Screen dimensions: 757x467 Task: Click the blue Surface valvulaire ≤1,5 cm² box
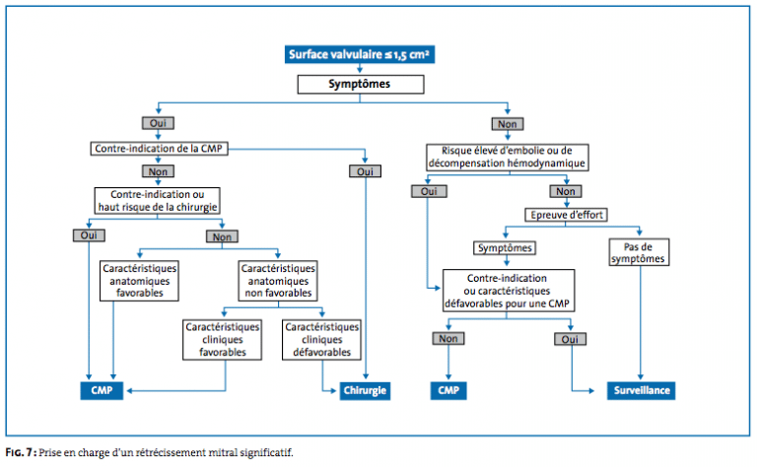tap(360, 54)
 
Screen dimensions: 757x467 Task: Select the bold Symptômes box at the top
tap(361, 85)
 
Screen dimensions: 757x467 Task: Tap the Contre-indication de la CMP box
tap(159, 149)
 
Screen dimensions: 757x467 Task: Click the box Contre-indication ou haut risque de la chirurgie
tap(158, 201)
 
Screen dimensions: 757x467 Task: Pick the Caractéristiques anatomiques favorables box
tap(139, 281)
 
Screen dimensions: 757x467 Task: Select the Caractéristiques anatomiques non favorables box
tap(278, 281)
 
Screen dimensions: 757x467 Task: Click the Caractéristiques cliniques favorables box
tap(222, 340)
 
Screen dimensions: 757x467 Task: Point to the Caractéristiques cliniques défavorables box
tap(321, 340)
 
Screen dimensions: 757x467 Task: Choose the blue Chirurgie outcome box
tap(365, 391)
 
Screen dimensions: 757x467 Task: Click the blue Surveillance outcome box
tap(641, 391)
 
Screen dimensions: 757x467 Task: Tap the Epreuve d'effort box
tap(567, 215)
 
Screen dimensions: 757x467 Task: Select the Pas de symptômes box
tap(639, 252)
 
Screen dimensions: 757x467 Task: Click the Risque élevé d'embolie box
tap(507, 158)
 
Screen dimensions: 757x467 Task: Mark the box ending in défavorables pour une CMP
tap(509, 291)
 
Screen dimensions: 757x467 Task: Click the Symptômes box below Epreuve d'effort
tap(505, 248)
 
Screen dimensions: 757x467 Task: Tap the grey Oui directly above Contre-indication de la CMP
tap(158, 123)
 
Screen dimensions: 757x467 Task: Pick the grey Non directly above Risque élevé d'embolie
tap(508, 124)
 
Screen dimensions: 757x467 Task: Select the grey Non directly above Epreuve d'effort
tap(566, 191)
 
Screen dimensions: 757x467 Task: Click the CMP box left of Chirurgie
tap(102, 391)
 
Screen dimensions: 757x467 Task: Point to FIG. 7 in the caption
tap(20, 452)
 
